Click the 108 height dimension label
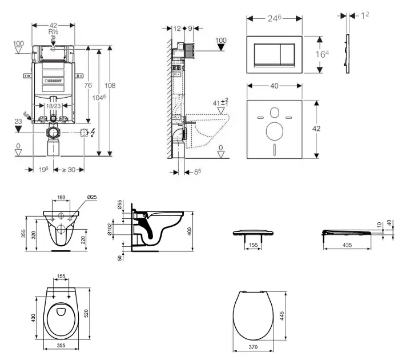[x=110, y=86]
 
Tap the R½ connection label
[x=54, y=33]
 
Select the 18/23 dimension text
[x=54, y=106]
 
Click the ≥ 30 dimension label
[x=70, y=170]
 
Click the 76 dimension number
[x=88, y=85]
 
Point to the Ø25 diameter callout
[x=91, y=198]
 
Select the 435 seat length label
[x=347, y=245]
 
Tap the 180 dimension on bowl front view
[x=61, y=198]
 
